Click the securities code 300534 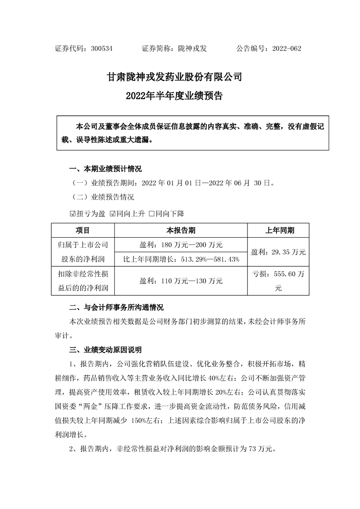[102, 49]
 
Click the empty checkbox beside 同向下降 [152, 213]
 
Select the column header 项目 [83, 231]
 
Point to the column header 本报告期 [181, 231]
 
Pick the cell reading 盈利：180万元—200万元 [181, 245]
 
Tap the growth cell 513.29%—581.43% [181, 259]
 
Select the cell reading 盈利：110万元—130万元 [181, 281]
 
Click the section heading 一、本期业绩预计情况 [105, 170]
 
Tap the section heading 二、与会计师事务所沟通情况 [116, 307]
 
